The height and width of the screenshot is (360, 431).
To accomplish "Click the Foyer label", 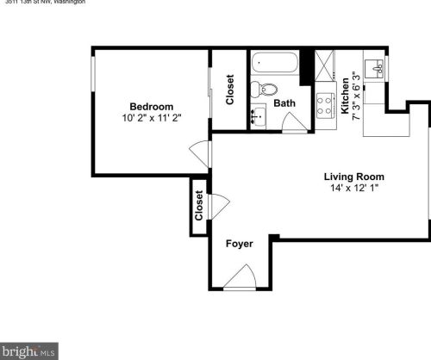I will (x=239, y=244).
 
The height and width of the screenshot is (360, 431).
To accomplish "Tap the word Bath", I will (x=284, y=103).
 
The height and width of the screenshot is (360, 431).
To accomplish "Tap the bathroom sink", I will (x=258, y=115).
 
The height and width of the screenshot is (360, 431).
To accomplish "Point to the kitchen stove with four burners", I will (x=326, y=105).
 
